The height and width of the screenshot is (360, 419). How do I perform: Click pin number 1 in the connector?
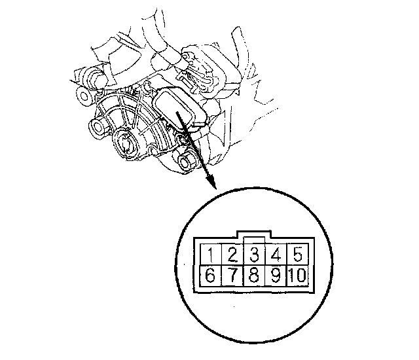[x=211, y=254]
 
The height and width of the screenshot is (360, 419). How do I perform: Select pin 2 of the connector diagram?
[x=233, y=254]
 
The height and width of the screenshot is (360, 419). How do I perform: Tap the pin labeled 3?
[x=254, y=254]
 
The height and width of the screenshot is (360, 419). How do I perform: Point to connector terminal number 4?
[x=276, y=254]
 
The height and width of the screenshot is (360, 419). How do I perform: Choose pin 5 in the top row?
[x=297, y=254]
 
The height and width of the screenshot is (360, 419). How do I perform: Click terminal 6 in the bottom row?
[x=211, y=276]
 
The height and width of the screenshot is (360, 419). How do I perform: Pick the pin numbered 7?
[x=233, y=276]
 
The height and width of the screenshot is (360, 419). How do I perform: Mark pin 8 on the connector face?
[x=254, y=276]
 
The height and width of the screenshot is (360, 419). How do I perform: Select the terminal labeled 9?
[x=276, y=276]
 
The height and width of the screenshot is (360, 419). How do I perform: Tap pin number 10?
[x=297, y=276]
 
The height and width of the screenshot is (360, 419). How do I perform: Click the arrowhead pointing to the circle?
[x=211, y=181]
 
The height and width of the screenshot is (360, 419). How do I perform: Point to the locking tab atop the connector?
[x=254, y=234]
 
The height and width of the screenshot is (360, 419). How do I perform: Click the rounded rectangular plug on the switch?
[x=179, y=106]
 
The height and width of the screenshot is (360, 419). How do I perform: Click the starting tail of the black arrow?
[x=176, y=113]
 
